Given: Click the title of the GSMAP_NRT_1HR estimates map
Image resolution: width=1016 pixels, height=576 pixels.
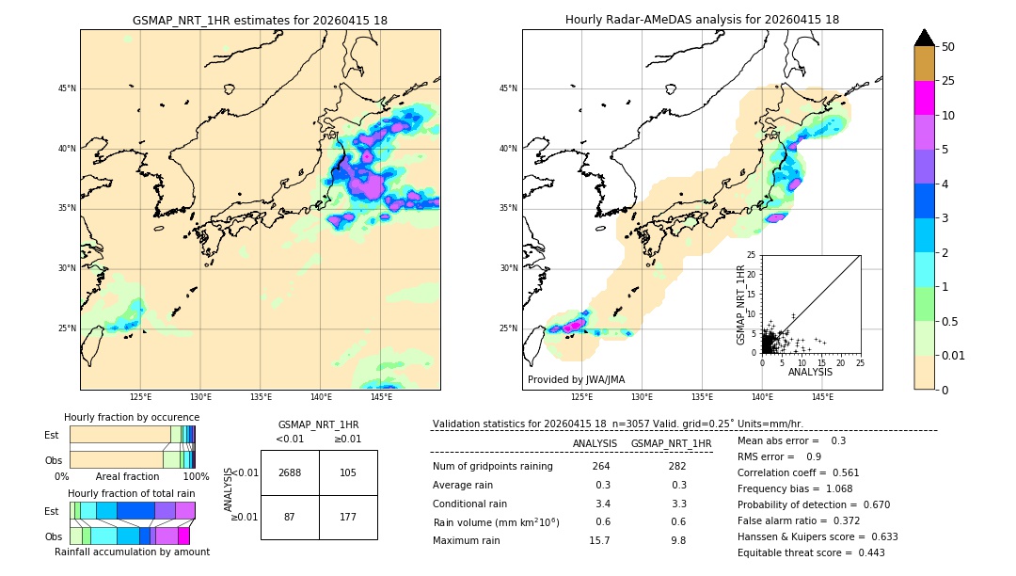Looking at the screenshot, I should tap(260, 20).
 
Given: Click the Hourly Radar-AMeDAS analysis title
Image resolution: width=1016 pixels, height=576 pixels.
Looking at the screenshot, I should tap(702, 20).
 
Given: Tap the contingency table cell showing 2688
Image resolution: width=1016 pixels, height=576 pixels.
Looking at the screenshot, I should tap(290, 472).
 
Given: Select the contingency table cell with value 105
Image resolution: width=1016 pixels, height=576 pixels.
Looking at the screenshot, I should tap(348, 472).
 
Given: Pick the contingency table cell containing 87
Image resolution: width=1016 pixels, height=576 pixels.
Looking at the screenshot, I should tap(290, 518).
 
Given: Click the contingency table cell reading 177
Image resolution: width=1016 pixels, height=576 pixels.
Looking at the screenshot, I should tap(348, 518).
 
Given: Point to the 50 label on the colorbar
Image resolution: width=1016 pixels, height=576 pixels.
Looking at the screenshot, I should tap(948, 47).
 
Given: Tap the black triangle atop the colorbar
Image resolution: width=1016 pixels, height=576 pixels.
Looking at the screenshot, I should tap(925, 38).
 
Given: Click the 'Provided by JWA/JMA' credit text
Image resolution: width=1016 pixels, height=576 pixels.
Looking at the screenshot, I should tap(576, 379).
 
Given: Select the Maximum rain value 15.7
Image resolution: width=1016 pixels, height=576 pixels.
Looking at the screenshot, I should tap(599, 540).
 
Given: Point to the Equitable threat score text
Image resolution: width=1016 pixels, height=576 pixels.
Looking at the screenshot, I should tap(811, 552).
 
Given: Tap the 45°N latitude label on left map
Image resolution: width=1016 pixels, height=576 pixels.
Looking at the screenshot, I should tap(67, 88).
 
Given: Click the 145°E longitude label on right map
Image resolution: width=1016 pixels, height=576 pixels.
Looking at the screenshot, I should tap(822, 398).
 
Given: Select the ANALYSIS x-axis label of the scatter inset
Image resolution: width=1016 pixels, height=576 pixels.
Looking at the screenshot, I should tap(810, 372).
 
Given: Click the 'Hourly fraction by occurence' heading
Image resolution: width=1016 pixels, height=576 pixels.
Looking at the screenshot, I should tap(132, 417).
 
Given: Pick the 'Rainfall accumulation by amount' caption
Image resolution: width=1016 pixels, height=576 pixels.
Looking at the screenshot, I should tap(132, 552).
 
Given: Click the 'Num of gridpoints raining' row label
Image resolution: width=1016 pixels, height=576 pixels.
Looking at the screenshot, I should tap(493, 466).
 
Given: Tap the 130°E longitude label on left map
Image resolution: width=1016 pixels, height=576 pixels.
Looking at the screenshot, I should tap(200, 398).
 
